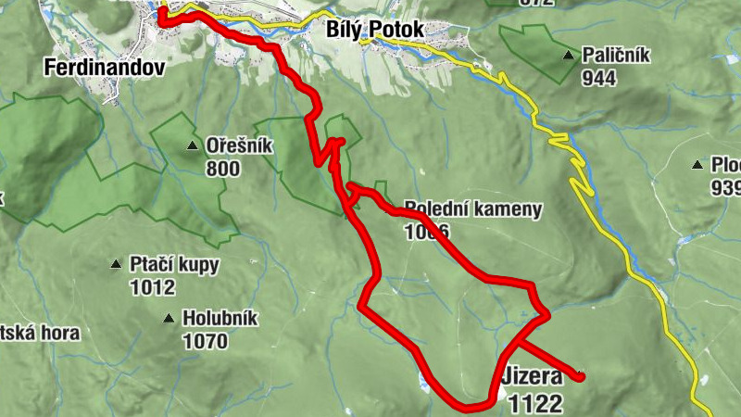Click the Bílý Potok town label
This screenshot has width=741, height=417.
tap(375, 30)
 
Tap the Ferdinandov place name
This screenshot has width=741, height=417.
tap(104, 68)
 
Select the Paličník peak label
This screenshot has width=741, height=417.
tap(616, 56)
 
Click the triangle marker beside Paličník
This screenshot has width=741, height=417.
tap(568, 55)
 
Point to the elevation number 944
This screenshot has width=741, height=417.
tap(600, 78)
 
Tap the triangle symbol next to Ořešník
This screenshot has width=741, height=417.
tap(192, 145)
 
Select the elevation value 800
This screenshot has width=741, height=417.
tap(224, 169)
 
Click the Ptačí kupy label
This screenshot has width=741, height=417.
tap(175, 265)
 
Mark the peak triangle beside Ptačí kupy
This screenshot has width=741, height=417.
tap(116, 264)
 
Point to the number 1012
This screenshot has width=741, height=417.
tap(153, 287)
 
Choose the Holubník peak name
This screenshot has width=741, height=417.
tap(220, 319)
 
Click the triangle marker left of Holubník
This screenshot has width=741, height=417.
tap(168, 318)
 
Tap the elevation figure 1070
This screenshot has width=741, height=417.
tap(205, 342)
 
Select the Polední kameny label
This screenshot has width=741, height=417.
tap(472, 208)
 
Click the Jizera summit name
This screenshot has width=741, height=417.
tap(532, 379)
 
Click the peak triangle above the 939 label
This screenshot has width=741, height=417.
tap(697, 165)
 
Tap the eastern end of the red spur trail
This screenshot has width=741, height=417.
tap(581, 376)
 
